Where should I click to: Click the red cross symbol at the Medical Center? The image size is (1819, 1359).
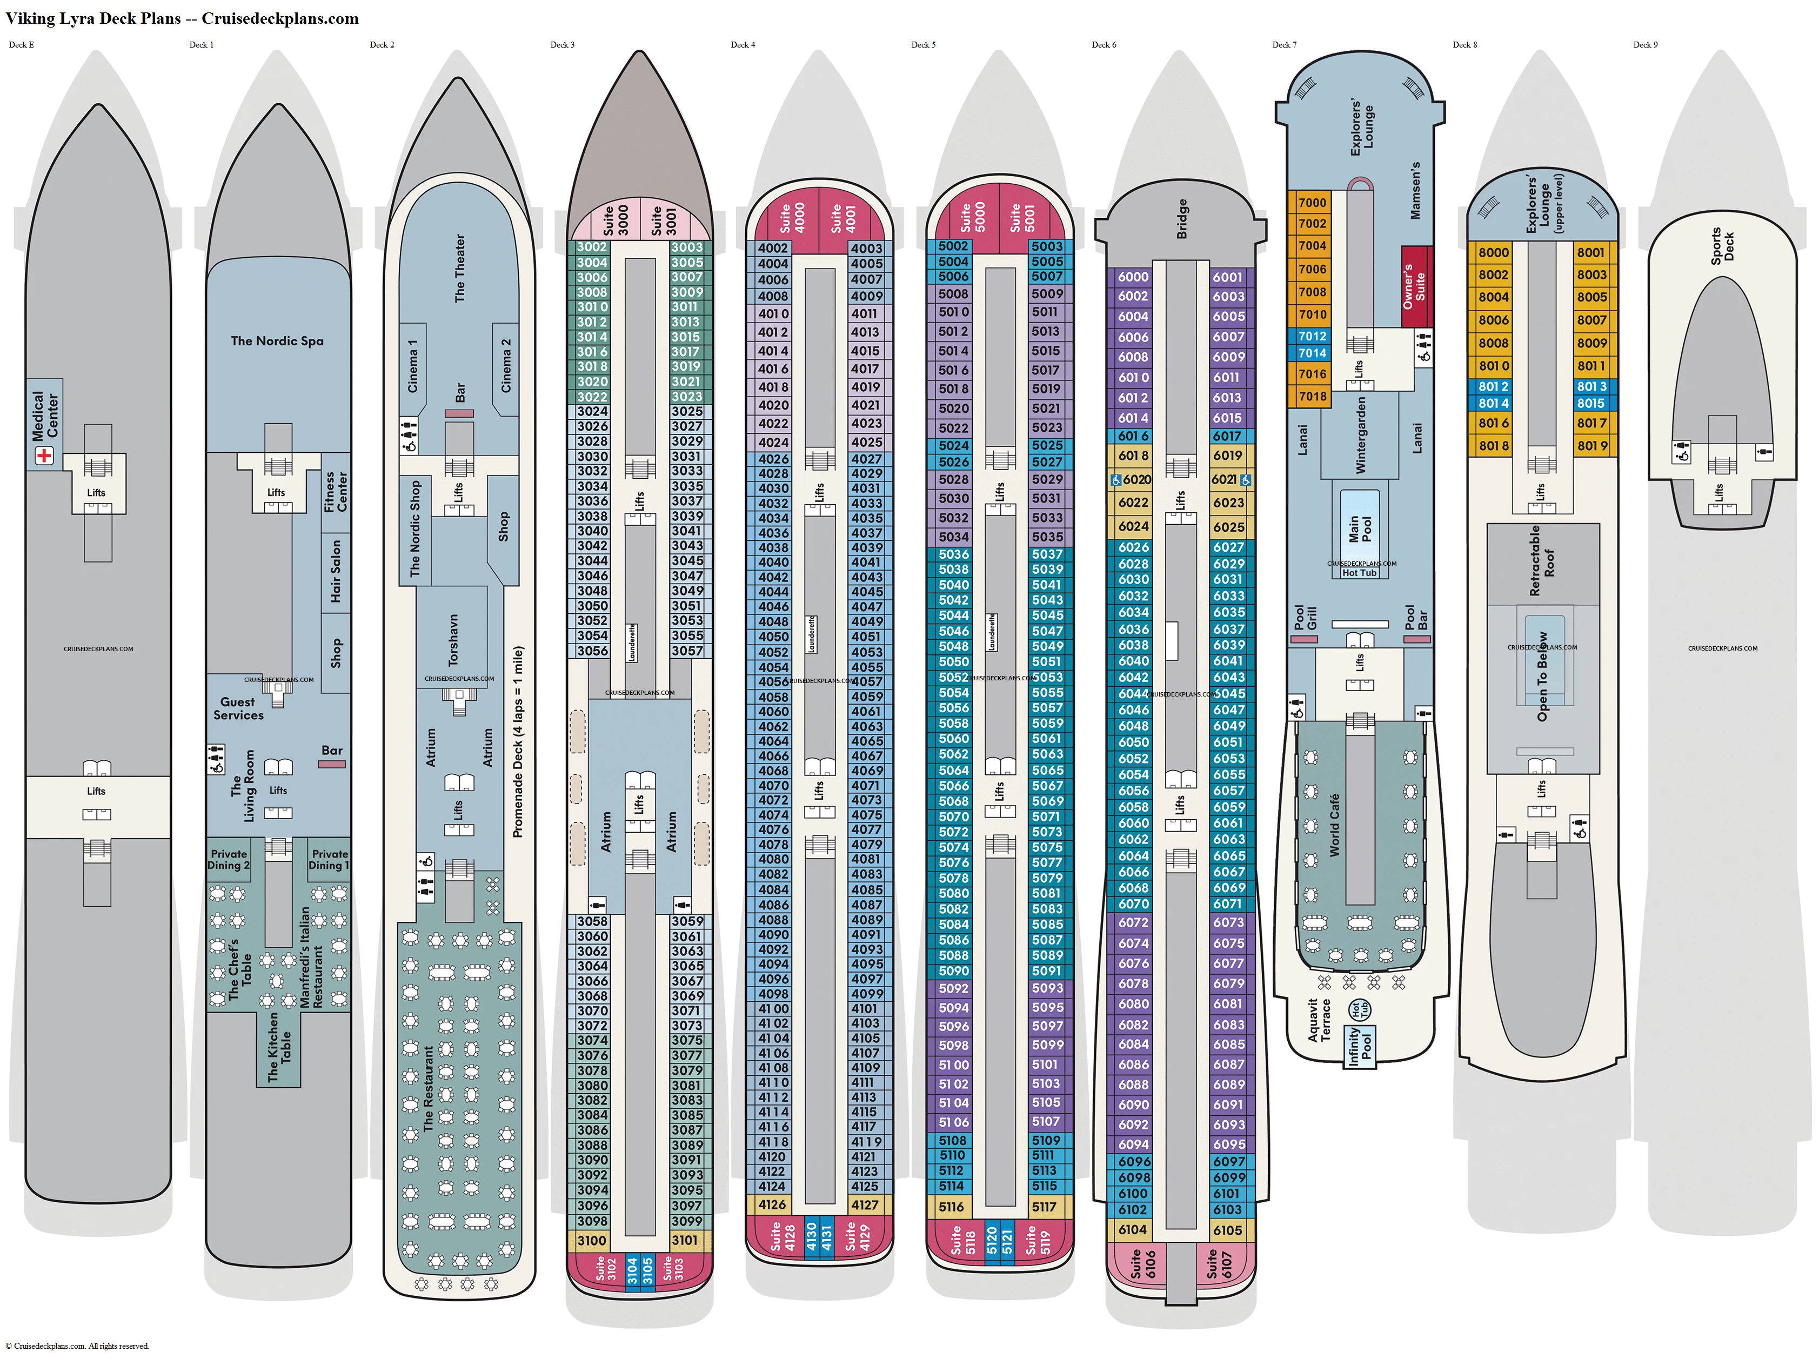tap(44, 454)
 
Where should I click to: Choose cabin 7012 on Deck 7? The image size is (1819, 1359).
tap(1313, 336)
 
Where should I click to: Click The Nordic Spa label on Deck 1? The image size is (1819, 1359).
tap(277, 341)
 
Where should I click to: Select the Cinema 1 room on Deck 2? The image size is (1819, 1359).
tap(413, 365)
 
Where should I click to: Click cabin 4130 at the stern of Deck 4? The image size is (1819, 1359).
tap(812, 1237)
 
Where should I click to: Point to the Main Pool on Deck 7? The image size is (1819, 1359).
tap(1359, 528)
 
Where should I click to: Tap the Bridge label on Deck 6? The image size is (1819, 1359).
tap(1182, 219)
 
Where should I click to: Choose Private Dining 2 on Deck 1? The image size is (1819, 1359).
tap(229, 860)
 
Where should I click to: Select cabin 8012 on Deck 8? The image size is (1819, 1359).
tap(1493, 386)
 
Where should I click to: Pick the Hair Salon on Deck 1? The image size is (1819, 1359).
tap(336, 571)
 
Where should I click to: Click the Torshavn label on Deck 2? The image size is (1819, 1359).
tap(452, 640)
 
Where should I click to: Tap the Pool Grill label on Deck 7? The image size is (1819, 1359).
tap(1305, 618)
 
